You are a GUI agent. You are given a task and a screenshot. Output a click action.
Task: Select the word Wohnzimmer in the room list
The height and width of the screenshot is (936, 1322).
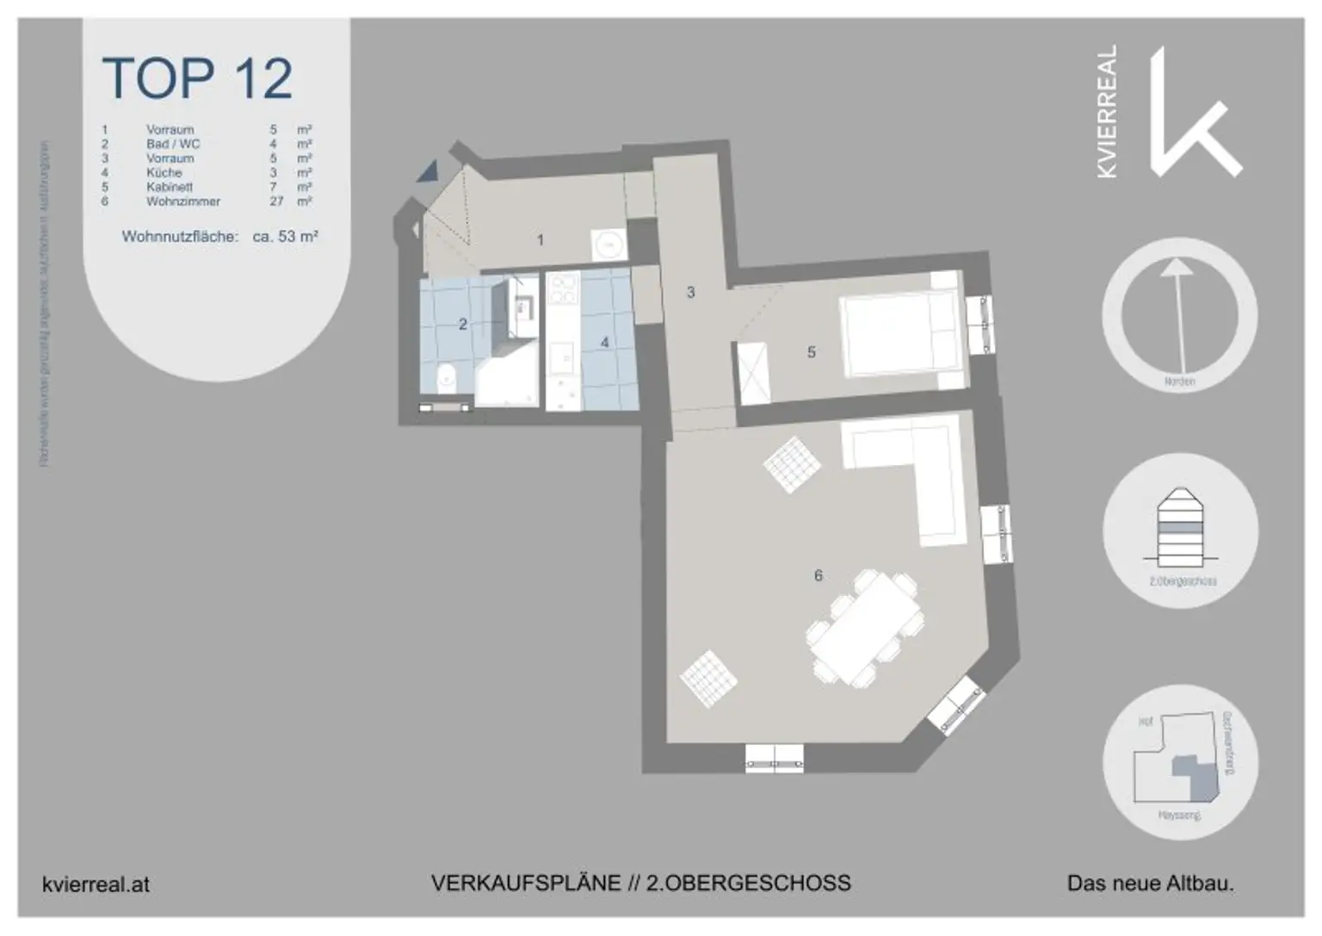[x=182, y=201]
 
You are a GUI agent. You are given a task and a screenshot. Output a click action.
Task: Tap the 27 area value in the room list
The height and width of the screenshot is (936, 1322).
[x=276, y=201]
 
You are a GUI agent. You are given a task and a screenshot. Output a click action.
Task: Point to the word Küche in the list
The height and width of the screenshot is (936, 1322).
[x=164, y=172]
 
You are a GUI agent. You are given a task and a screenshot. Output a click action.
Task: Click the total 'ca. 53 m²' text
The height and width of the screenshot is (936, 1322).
[x=285, y=236]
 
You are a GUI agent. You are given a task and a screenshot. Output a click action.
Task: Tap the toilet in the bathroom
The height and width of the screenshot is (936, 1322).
[x=447, y=378]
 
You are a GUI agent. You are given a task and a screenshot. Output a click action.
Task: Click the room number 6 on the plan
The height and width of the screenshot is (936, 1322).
[x=818, y=575]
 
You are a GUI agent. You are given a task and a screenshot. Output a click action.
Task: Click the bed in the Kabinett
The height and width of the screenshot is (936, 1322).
[x=900, y=332]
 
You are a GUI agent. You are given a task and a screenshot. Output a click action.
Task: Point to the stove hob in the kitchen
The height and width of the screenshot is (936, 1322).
[x=563, y=289]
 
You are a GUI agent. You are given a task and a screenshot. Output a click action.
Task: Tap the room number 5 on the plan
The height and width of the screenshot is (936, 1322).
[x=811, y=352]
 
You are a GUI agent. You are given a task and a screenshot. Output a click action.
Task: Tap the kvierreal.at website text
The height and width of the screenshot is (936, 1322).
[x=96, y=884]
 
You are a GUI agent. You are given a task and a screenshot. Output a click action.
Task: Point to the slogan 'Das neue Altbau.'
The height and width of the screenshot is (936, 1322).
[x=1150, y=883]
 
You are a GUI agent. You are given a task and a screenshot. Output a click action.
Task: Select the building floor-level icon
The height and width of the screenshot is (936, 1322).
[x=1180, y=525]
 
